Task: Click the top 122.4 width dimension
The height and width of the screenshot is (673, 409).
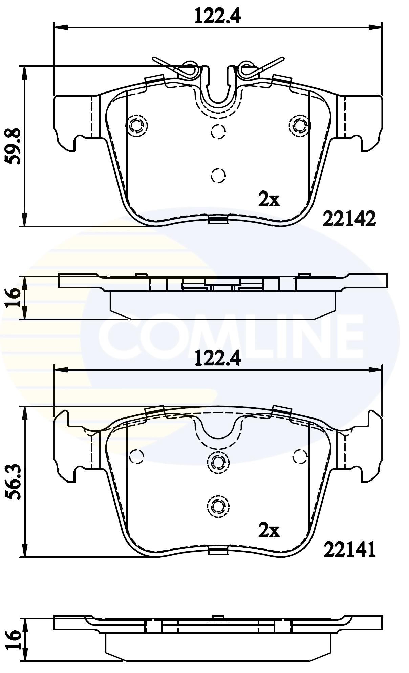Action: (x=218, y=16)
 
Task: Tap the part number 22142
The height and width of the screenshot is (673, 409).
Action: (x=349, y=220)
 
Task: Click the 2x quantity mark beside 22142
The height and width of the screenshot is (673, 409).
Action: (x=269, y=200)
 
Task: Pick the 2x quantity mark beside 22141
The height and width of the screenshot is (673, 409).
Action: (x=269, y=531)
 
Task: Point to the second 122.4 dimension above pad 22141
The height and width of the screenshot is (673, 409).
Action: (x=218, y=359)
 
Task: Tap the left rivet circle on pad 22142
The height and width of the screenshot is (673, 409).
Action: (x=136, y=126)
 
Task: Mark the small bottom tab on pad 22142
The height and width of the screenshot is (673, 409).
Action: (x=218, y=221)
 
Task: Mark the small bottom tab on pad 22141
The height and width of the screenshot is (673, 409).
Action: (x=218, y=552)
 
